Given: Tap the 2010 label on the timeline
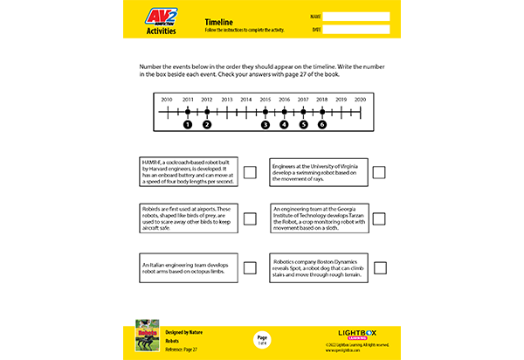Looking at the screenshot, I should click(167, 100).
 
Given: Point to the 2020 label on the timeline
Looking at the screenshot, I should click(360, 100).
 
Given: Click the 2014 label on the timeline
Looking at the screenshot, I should click(245, 100).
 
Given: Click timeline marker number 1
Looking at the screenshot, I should click(187, 124).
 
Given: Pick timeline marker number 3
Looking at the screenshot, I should click(265, 124).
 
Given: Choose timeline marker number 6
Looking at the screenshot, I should click(322, 124).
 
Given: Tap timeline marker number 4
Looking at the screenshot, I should click(284, 124).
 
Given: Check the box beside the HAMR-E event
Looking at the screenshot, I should click(250, 172).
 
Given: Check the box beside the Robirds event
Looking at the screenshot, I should click(250, 219).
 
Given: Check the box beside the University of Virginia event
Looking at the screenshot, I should click(379, 172).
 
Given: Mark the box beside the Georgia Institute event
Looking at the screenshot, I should click(379, 219).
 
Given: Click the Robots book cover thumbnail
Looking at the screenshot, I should click(146, 340).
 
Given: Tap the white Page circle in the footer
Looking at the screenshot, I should click(262, 339).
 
